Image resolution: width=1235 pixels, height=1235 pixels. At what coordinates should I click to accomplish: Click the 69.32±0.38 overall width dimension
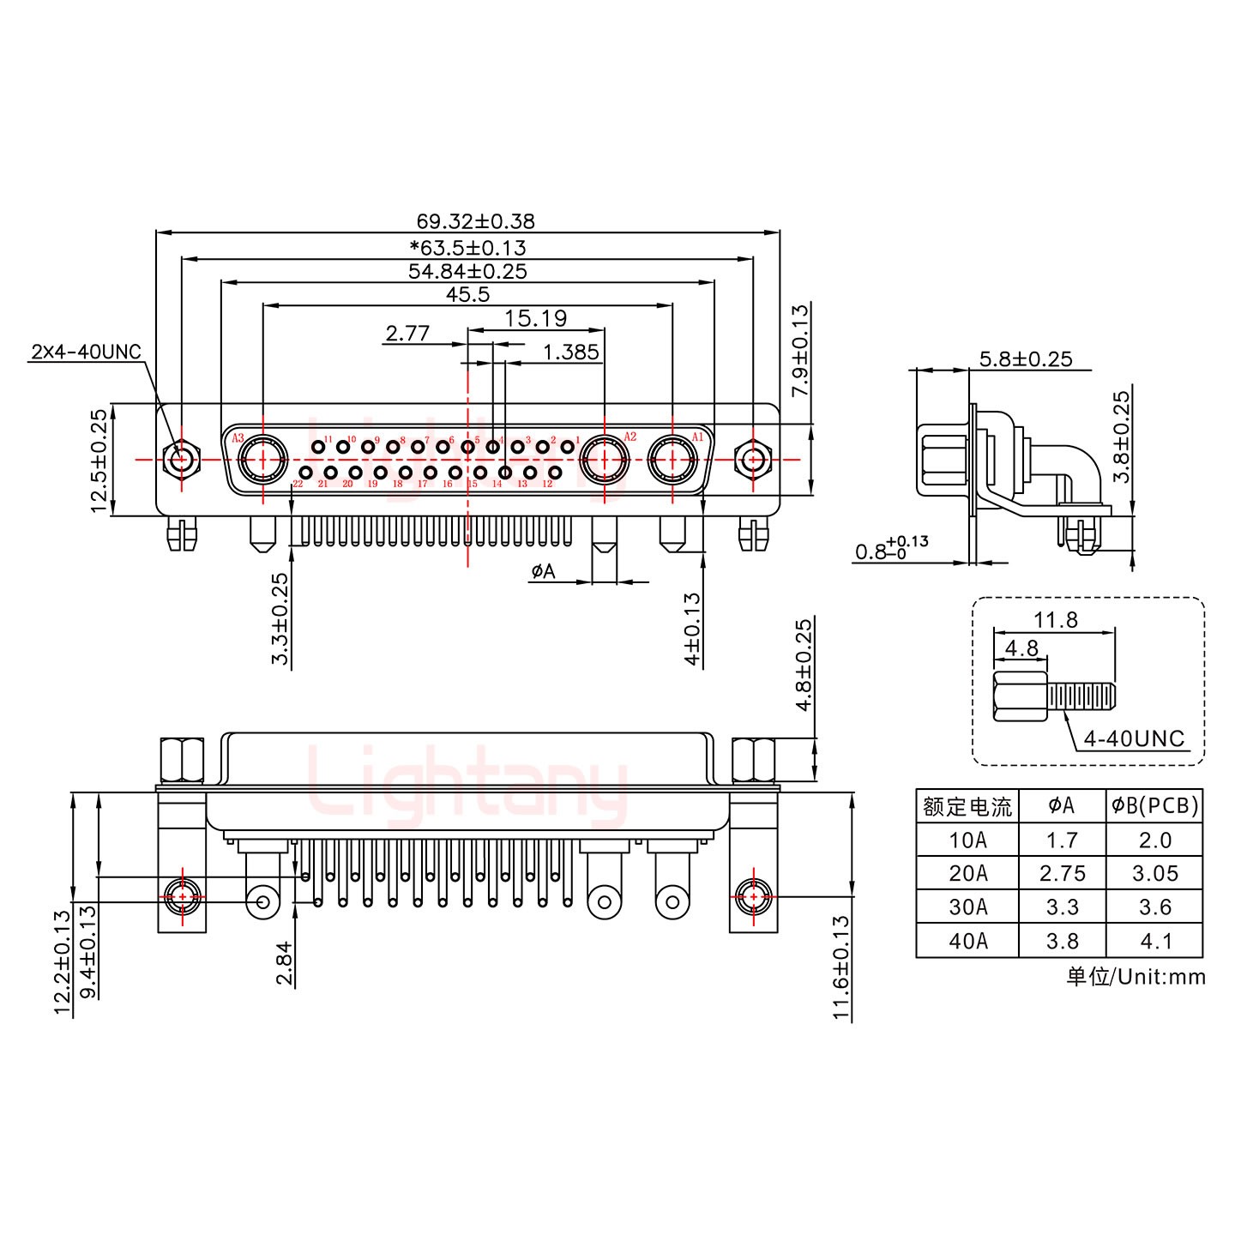[469, 221]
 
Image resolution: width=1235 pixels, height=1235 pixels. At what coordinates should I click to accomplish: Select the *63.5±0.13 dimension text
[468, 248]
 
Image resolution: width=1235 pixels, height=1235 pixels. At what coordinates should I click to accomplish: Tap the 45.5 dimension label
[467, 294]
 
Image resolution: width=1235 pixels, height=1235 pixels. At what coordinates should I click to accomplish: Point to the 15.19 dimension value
[535, 318]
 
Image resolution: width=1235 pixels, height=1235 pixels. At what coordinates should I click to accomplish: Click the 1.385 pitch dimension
[570, 352]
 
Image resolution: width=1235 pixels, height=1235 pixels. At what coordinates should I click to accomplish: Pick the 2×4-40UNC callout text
[86, 352]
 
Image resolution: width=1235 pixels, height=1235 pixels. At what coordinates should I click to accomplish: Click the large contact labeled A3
[262, 460]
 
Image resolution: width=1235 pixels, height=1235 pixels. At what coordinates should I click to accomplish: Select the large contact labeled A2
[605, 460]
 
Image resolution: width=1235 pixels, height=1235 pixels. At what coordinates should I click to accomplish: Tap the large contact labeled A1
[672, 460]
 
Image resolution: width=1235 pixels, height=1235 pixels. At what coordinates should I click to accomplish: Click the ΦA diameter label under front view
[544, 571]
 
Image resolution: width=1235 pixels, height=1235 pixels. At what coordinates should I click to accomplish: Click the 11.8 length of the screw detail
[1055, 619]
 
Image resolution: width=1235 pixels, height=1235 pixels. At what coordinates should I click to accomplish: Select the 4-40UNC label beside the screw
[1133, 738]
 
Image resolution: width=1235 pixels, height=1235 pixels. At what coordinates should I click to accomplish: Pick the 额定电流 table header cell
[967, 806]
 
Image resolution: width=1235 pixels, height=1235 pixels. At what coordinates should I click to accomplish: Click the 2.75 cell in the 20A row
[1062, 873]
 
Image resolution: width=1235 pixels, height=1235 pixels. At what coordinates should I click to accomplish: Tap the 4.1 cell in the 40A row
[1155, 941]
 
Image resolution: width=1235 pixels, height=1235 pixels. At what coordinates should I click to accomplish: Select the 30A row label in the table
[967, 907]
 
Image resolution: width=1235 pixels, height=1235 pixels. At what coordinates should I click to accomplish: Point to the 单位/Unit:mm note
[1136, 976]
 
